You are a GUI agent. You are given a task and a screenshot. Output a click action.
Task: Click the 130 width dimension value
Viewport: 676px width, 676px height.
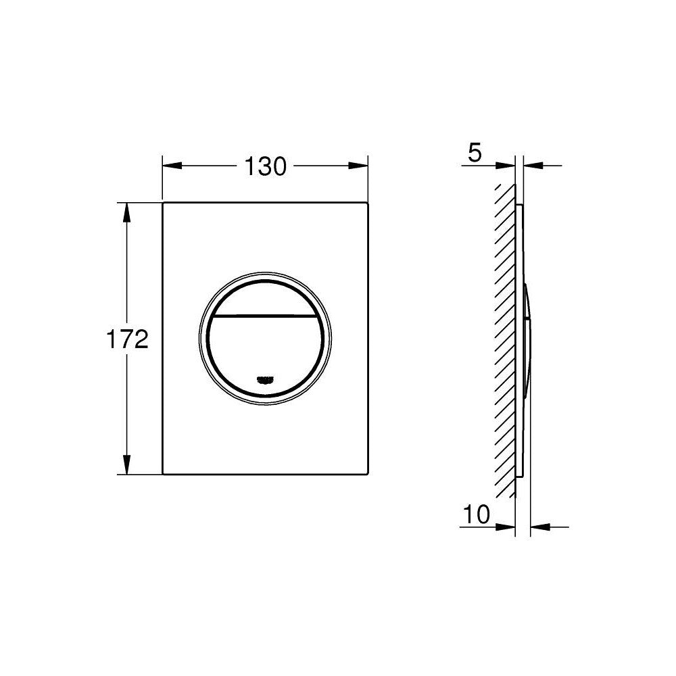265,166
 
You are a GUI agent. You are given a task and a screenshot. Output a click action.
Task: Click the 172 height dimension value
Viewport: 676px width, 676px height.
126,339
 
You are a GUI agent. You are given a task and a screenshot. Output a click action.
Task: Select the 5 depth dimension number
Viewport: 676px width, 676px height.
475,153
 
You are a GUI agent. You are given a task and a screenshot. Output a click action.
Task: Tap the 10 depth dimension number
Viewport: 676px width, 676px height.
477,515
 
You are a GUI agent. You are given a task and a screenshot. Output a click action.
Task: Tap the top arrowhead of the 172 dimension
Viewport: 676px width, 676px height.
126,210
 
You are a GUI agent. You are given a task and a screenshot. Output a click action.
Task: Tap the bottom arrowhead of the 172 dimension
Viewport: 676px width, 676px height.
126,466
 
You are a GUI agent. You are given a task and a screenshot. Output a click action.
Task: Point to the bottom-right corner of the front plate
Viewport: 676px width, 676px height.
367,473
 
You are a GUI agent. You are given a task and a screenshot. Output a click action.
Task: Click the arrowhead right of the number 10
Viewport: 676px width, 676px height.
508,526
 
